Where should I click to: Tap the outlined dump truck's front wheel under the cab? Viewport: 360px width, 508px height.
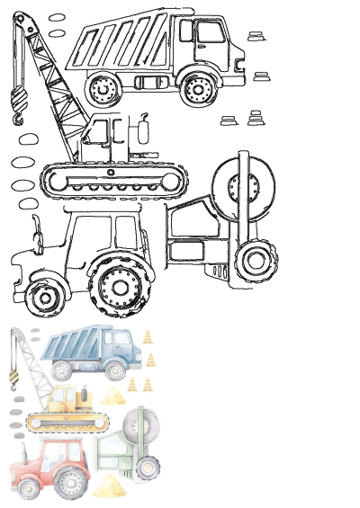click(x=201, y=87)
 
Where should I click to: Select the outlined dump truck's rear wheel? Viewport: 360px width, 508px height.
click(x=105, y=91)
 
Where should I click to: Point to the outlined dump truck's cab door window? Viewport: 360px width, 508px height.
click(x=211, y=35)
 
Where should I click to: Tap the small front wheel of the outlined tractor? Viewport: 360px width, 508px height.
click(x=41, y=296)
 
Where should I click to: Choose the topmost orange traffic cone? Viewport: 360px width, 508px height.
click(x=148, y=337)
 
